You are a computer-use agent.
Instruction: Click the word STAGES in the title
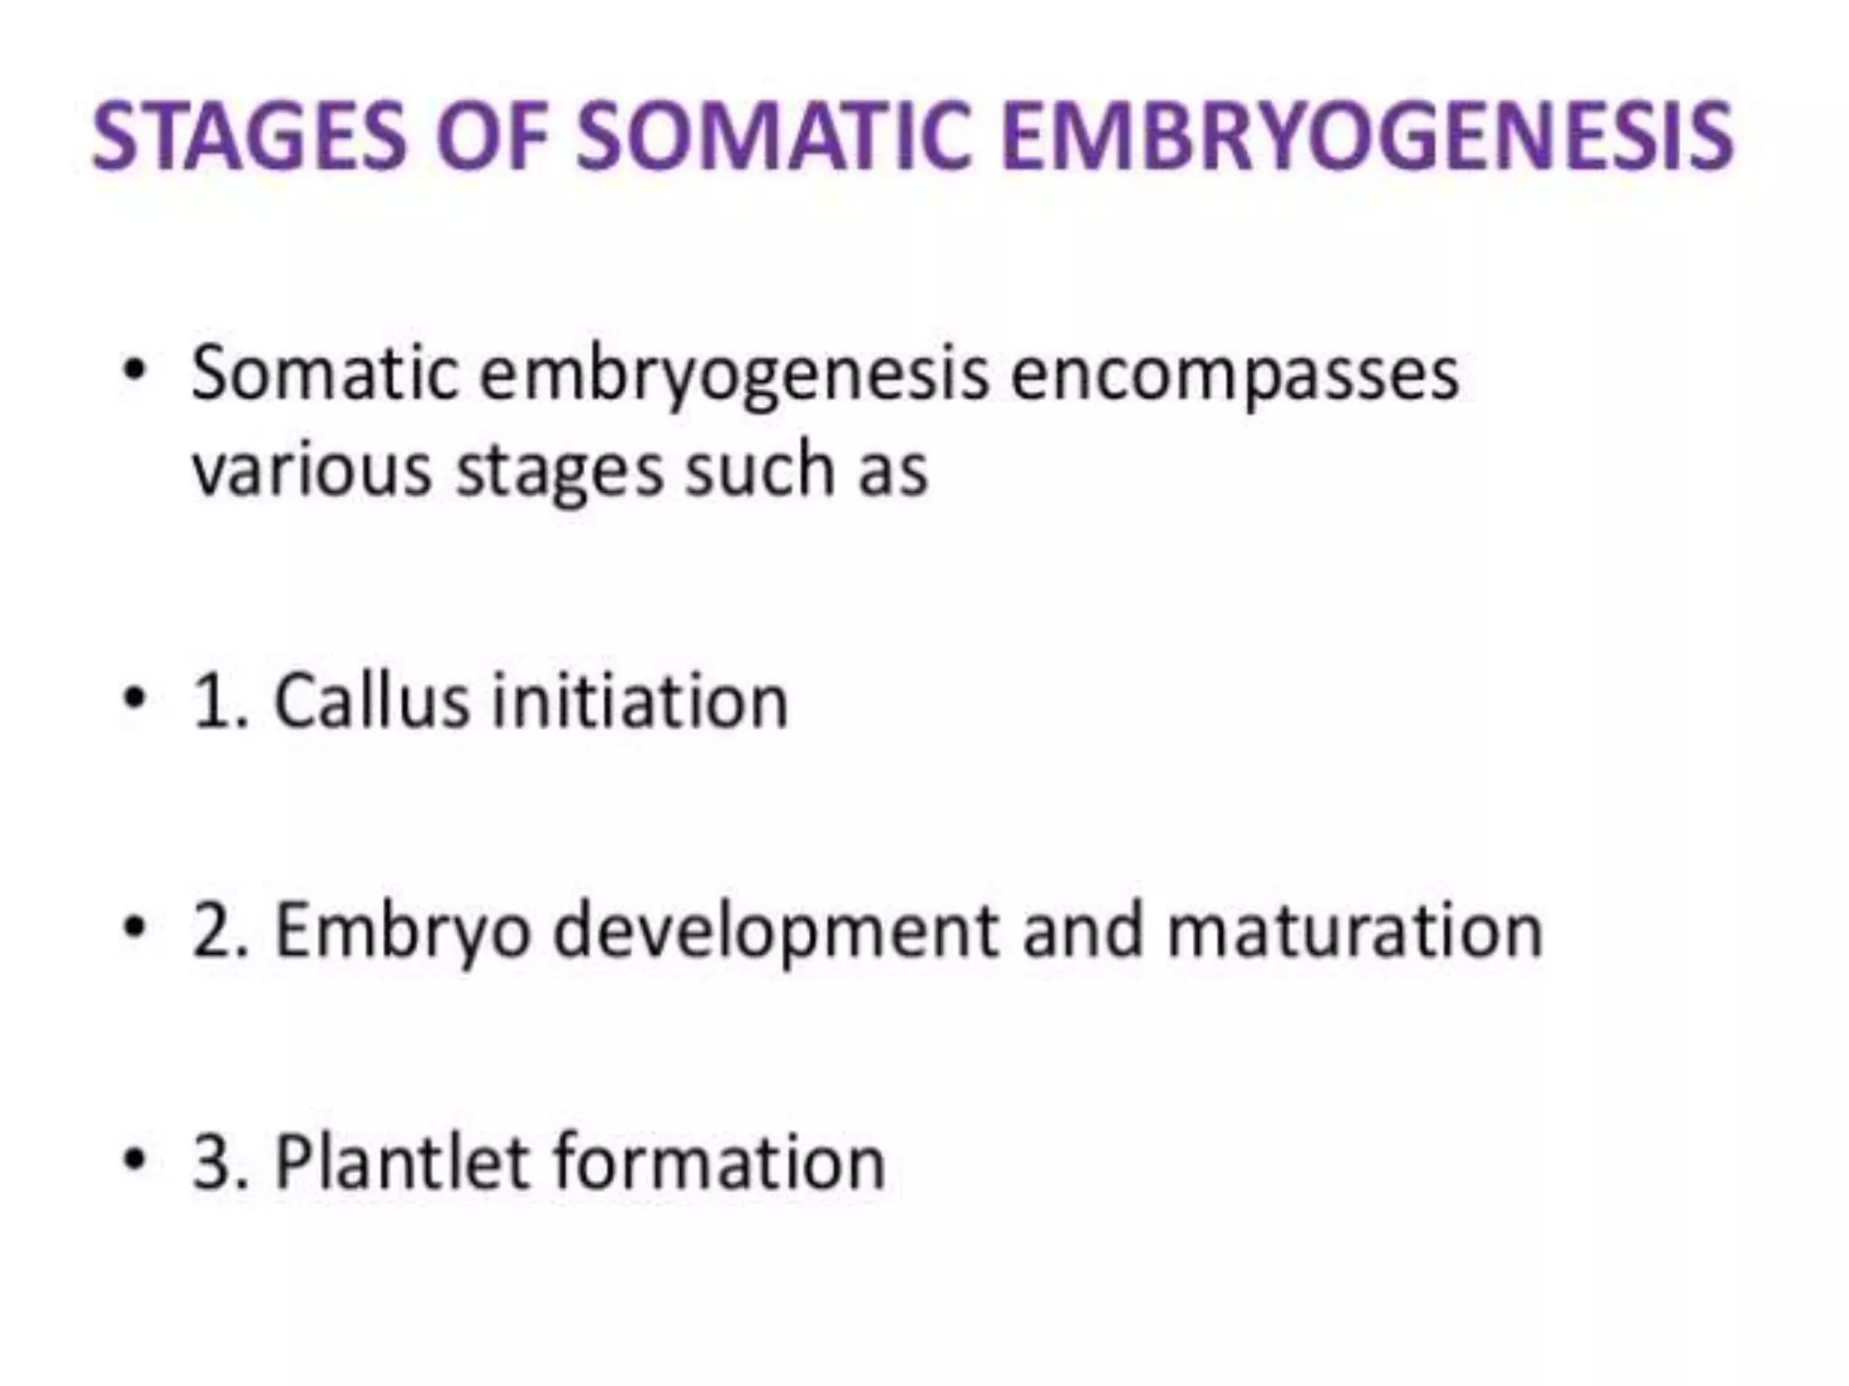click(250, 137)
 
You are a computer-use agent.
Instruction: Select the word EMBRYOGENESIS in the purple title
click(1367, 137)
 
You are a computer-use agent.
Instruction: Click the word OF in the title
click(492, 137)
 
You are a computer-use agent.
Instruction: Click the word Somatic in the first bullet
click(325, 374)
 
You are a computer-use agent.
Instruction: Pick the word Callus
click(371, 701)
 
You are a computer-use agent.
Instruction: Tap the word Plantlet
click(401, 1161)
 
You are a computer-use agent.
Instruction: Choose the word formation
click(719, 1161)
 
